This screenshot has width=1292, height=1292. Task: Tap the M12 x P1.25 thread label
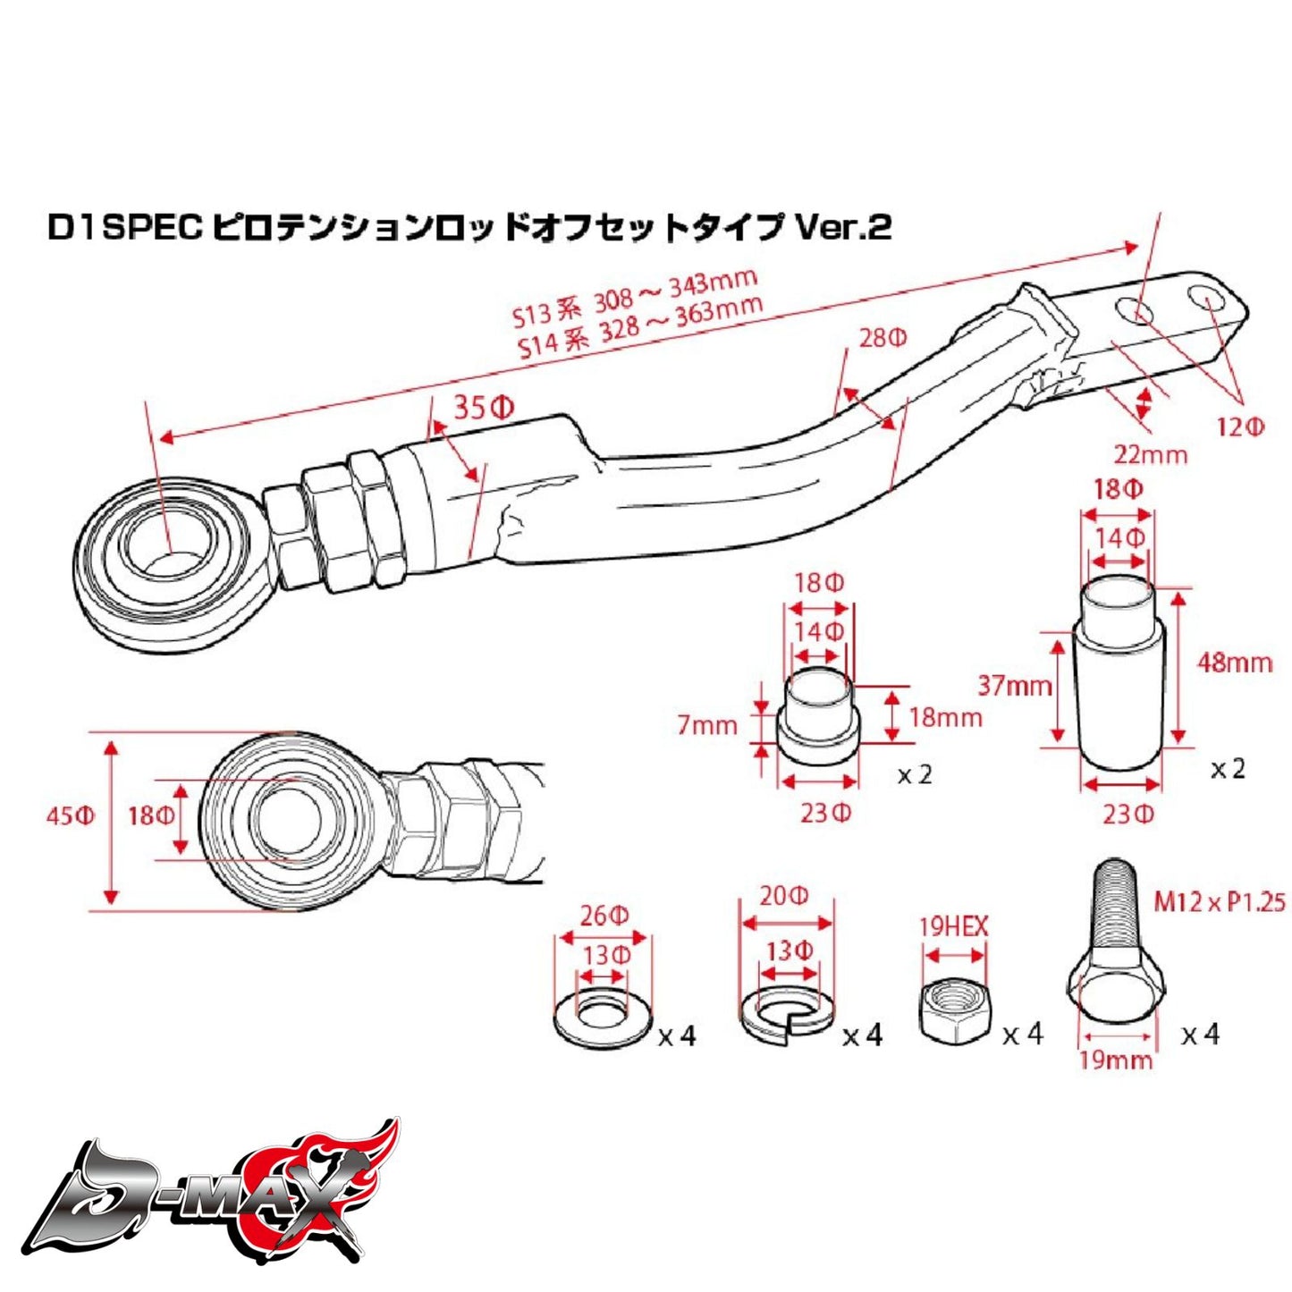click(x=1219, y=901)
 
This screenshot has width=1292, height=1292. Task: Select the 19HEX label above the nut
click(x=954, y=927)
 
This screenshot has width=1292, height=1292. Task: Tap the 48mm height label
click(x=1235, y=663)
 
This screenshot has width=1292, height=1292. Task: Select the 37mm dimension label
click(x=1014, y=686)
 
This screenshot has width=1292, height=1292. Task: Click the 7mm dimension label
click(x=706, y=724)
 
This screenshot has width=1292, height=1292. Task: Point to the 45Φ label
click(x=71, y=816)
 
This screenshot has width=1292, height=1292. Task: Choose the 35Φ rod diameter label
click(x=484, y=408)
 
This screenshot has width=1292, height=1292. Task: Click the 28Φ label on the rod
click(x=882, y=338)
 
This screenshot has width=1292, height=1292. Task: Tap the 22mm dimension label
click(x=1150, y=454)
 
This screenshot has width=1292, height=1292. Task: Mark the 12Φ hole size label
click(x=1240, y=426)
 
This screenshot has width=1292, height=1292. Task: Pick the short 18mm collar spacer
click(x=817, y=718)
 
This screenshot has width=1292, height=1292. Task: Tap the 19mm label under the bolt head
click(x=1116, y=1060)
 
